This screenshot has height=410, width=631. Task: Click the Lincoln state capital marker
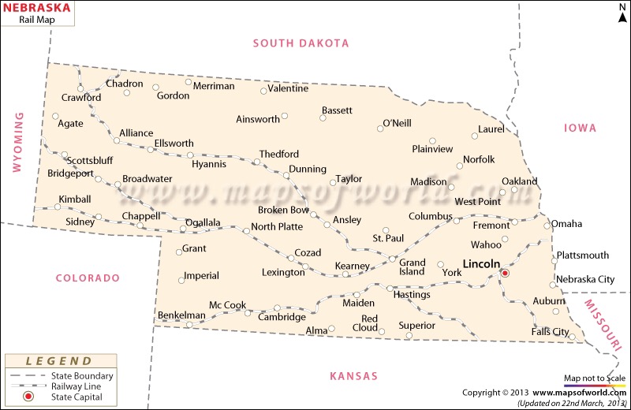[506, 273]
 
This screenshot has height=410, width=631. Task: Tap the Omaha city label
[566, 224]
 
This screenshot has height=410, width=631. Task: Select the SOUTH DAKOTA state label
[301, 43]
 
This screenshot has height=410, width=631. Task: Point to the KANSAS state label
[353, 375]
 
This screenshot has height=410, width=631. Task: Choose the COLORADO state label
[88, 278]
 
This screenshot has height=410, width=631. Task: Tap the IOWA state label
[580, 128]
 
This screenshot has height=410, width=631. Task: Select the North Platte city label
[277, 227]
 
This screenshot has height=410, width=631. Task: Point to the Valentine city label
[288, 88]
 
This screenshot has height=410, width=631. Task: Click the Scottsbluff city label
[90, 160]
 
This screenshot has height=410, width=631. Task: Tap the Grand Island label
[412, 267]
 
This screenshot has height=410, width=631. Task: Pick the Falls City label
[550, 332]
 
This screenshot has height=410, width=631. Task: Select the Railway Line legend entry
[82, 386]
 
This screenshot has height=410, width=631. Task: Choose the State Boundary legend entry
[82, 376]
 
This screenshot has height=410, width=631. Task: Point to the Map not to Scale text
[594, 378]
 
